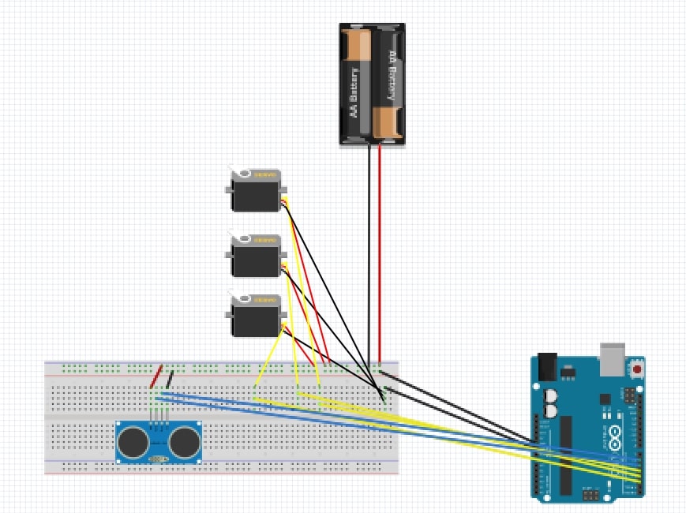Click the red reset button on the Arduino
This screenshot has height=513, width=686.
tap(636, 368)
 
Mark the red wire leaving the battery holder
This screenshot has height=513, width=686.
tap(380, 253)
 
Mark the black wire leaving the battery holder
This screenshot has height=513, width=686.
tap(369, 253)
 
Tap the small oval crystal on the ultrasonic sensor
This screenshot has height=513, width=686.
tap(159, 459)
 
